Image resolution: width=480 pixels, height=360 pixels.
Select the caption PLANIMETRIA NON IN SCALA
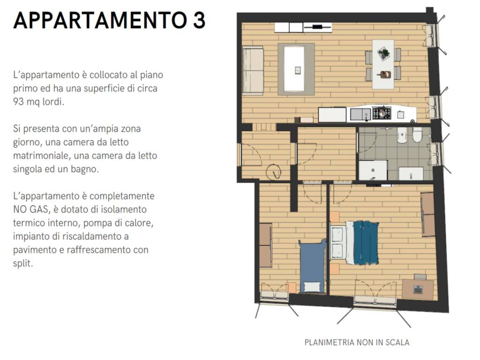click(x=357, y=342)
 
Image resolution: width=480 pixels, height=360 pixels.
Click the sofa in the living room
click(x=253, y=70)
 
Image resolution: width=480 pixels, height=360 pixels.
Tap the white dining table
click(x=383, y=64)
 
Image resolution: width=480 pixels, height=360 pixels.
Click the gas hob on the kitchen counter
click(x=381, y=113)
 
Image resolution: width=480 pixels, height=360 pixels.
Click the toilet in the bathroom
click(x=417, y=135)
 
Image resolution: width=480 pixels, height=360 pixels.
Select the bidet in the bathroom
click(x=402, y=136)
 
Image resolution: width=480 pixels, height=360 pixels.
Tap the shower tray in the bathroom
click(x=373, y=170)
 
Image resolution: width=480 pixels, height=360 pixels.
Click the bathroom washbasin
click(x=411, y=173)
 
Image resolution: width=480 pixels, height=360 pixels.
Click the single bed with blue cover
click(x=312, y=266)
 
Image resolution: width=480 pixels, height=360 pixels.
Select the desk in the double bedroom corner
click(x=417, y=289)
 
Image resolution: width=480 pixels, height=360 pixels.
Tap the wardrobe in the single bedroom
click(x=265, y=245)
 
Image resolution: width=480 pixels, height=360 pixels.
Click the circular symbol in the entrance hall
click(x=273, y=173)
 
